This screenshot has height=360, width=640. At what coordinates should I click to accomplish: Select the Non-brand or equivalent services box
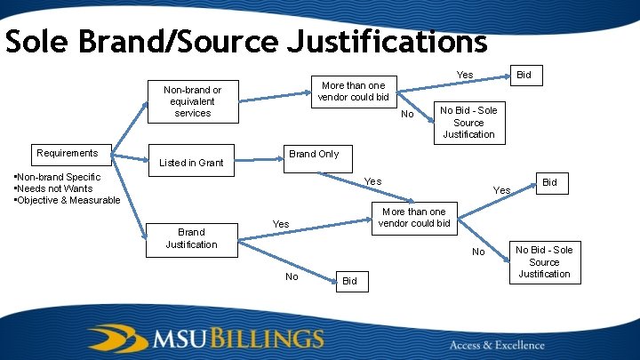[x=193, y=101]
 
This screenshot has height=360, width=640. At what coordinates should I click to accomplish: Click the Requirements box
[x=68, y=153]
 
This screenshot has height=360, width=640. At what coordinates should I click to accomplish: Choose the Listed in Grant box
[x=191, y=163]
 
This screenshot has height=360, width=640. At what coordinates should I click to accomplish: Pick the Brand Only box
[x=314, y=154]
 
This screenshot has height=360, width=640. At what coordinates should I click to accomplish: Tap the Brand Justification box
[x=191, y=237]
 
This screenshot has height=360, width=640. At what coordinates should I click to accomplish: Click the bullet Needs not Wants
[x=53, y=188]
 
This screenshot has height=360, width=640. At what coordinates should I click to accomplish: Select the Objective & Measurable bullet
[x=68, y=200]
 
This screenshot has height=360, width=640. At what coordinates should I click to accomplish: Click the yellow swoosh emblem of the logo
[x=116, y=339]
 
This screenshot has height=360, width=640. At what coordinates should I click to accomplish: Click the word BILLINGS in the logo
[x=266, y=339]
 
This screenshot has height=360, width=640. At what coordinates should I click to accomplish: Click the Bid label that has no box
[x=349, y=281]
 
